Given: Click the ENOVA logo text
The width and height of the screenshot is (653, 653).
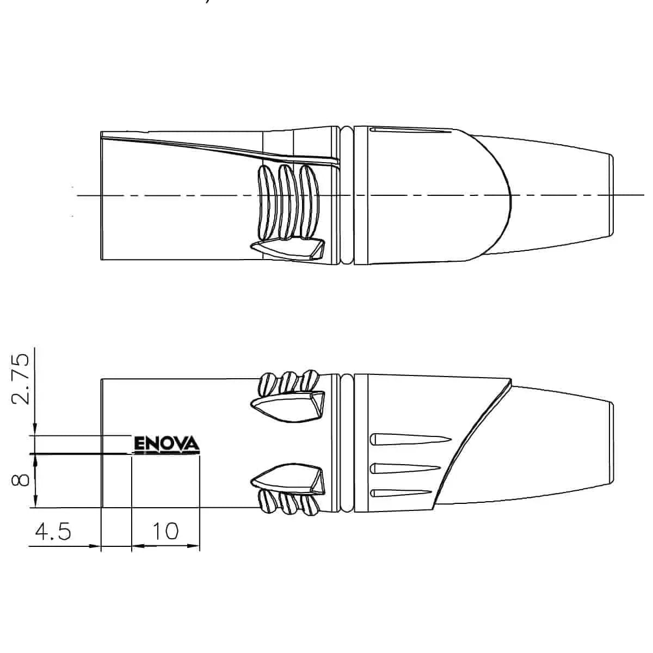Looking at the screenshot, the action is pos(167,443).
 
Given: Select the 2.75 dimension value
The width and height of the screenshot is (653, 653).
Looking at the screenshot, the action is pos(20,379).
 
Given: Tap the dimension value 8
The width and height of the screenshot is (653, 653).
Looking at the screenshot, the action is pos(20,480).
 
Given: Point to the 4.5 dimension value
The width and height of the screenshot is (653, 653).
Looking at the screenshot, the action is pos(53,531).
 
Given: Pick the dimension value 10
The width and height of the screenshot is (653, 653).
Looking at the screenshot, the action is pos(165,531).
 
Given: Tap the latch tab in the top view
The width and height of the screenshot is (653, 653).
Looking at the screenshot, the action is pos(288,250).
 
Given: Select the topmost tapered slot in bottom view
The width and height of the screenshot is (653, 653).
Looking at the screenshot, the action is pos(411,440).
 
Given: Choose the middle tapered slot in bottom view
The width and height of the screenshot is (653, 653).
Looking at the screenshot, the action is pos(405,469).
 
